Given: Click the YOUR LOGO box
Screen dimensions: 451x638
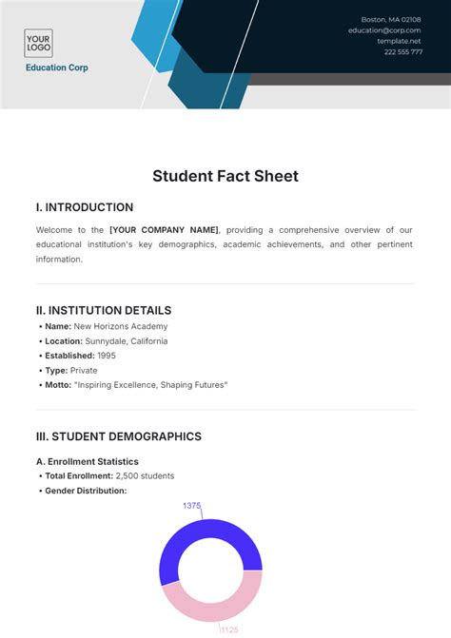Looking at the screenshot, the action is pyautogui.click(x=38, y=43).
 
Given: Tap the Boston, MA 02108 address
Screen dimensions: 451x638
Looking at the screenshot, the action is pyautogui.click(x=390, y=20).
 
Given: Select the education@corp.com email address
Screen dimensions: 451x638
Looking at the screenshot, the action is pyautogui.click(x=384, y=30).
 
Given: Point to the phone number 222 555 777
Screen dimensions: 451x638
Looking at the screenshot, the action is pyautogui.click(x=402, y=52).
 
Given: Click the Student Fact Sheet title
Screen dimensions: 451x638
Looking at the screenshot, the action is pyautogui.click(x=225, y=176).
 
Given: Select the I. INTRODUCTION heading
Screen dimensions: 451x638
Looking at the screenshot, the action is pyautogui.click(x=85, y=207).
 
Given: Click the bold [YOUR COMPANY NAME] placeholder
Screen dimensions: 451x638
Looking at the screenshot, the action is pyautogui.click(x=164, y=230).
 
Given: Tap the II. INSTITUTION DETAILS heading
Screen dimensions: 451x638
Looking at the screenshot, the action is pyautogui.click(x=104, y=310).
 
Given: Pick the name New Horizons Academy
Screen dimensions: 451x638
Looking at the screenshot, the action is pyautogui.click(x=115, y=326).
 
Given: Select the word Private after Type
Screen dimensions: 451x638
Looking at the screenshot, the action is pyautogui.click(x=84, y=370).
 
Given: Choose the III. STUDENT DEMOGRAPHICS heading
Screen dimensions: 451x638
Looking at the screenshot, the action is pyautogui.click(x=119, y=436).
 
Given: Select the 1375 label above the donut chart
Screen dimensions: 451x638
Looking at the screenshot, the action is pyautogui.click(x=191, y=506).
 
